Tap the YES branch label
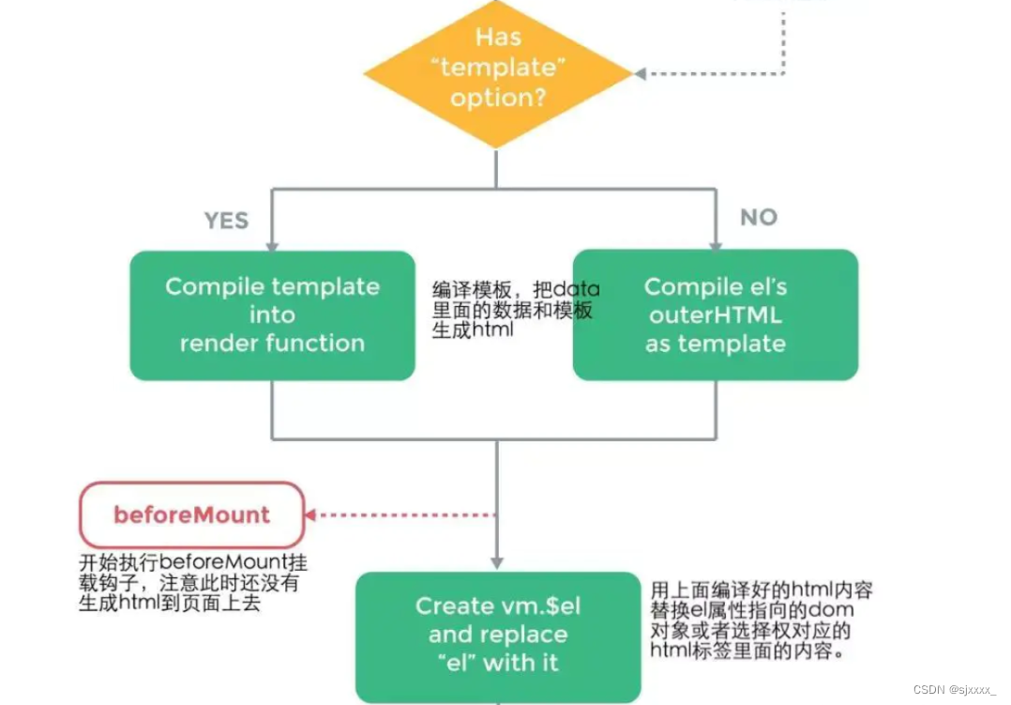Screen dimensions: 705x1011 pyautogui.click(x=226, y=221)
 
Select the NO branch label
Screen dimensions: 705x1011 pyautogui.click(x=758, y=218)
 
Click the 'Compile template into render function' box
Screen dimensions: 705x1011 pyautogui.click(x=272, y=315)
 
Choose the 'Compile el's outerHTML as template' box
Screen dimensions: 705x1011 pyautogui.click(x=715, y=315)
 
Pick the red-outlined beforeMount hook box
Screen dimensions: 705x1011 pyautogui.click(x=191, y=514)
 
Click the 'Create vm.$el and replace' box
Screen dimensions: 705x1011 pyautogui.click(x=497, y=635)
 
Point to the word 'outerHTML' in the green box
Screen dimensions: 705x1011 pyautogui.click(x=715, y=315)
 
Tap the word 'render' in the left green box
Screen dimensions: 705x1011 pyautogui.click(x=219, y=344)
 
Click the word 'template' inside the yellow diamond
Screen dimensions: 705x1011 pyautogui.click(x=499, y=69)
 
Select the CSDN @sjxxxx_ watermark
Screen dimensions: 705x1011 pyautogui.click(x=953, y=690)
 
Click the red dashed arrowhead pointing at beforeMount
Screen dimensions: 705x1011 pyautogui.click(x=310, y=514)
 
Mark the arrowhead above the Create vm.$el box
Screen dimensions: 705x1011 pyautogui.click(x=497, y=564)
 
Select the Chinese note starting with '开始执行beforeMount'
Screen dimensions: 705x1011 pyautogui.click(x=191, y=583)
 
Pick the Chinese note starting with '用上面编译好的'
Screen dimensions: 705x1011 pyautogui.click(x=760, y=620)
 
